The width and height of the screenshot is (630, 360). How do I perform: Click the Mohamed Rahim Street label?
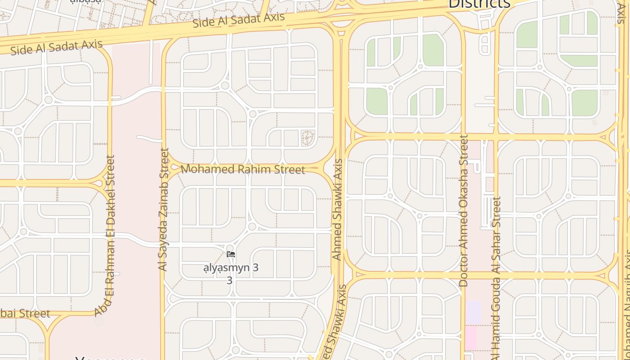pyautogui.click(x=243, y=170)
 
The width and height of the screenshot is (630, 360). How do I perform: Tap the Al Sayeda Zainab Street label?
pyautogui.click(x=163, y=209)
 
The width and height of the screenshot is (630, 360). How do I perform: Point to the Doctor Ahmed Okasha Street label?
pyautogui.click(x=463, y=210)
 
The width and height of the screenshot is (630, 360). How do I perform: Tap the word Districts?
pyautogui.click(x=479, y=4)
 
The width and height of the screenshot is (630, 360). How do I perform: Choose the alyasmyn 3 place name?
pyautogui.click(x=231, y=268)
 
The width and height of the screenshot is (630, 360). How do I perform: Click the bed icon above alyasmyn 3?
pyautogui.click(x=231, y=254)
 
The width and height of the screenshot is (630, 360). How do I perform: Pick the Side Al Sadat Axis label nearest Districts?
pyautogui.click(x=238, y=20)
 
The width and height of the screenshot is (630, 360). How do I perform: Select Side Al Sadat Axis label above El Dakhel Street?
pyautogui.click(x=56, y=47)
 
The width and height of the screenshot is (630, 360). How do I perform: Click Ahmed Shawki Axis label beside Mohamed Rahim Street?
pyautogui.click(x=337, y=209)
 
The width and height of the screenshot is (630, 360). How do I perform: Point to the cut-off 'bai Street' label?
pyautogui.click(x=25, y=313)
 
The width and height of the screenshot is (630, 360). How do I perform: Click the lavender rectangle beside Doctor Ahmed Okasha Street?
pyautogui.click(x=473, y=312)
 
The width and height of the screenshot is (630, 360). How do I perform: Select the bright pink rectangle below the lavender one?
pyautogui.click(x=471, y=338)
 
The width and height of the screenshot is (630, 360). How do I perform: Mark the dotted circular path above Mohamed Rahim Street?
pyautogui.click(x=308, y=138)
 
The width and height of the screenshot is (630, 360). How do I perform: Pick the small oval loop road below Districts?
pyautogui.click(x=485, y=44)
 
